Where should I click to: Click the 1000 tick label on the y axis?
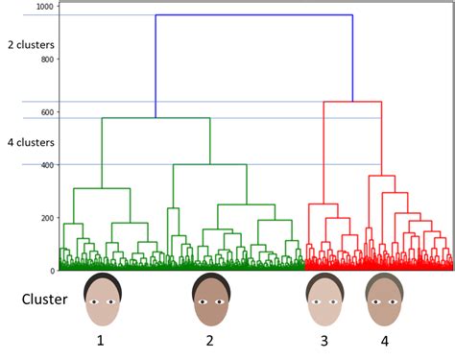tap(43, 7)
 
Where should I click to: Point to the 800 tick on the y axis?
tap(45, 60)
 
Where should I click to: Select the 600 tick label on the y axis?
tap(45, 112)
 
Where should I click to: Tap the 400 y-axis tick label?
tap(45, 165)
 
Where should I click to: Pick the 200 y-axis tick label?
tap(45, 218)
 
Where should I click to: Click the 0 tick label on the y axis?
tap(51, 271)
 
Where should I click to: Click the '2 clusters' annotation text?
tap(31, 44)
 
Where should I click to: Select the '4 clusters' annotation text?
tap(31, 142)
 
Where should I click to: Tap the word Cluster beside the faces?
tap(45, 299)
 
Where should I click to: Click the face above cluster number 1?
tap(102, 299)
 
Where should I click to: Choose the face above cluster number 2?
tap(210, 299)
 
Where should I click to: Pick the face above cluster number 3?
tap(323, 299)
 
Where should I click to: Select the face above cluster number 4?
tap(385, 299)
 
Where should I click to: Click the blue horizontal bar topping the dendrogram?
tap(253, 15)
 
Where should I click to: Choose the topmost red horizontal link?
tap(352, 102)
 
